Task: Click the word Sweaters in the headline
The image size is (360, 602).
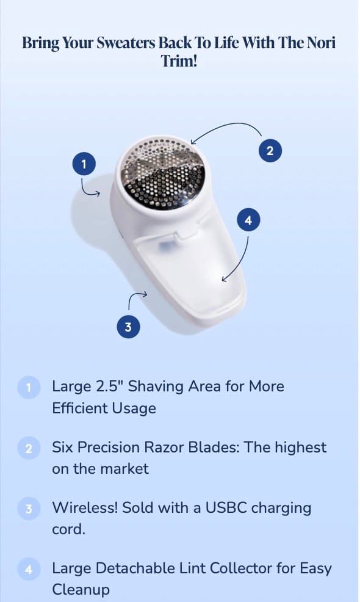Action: (126, 43)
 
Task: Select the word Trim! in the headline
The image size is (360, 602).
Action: (179, 60)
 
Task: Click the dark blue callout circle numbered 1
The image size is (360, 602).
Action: (84, 164)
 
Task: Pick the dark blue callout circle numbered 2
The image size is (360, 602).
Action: (270, 150)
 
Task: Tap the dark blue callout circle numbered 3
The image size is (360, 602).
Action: (128, 327)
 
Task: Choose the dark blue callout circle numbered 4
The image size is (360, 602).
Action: (248, 220)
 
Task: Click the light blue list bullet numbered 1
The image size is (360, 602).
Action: (29, 387)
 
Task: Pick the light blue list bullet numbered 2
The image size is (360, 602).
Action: (29, 448)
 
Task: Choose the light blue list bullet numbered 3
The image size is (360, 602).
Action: (29, 509)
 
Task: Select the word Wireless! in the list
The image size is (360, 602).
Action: (85, 507)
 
